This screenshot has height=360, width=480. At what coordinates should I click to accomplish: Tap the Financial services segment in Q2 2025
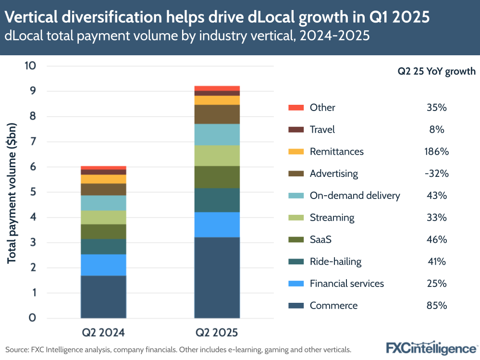(x=217, y=224)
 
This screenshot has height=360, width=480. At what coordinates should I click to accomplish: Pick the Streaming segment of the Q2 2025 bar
(x=217, y=155)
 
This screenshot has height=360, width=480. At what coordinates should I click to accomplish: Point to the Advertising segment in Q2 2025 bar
(x=217, y=114)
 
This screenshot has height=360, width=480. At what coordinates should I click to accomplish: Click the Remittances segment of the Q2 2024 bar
(x=103, y=179)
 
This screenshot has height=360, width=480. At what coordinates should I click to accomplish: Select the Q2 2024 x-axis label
(x=103, y=332)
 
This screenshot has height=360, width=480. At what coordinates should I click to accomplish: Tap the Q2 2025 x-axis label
(x=217, y=332)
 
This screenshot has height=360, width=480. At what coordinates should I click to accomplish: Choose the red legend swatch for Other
(x=295, y=108)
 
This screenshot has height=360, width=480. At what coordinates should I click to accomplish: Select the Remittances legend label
(x=336, y=151)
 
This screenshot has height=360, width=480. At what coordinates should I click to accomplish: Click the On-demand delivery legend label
(x=355, y=196)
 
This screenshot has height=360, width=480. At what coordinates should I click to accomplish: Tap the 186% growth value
(x=436, y=151)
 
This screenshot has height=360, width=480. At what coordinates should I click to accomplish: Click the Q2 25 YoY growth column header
(x=436, y=72)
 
